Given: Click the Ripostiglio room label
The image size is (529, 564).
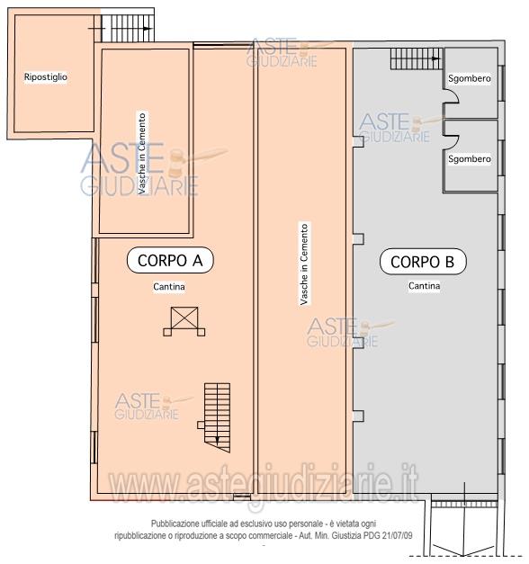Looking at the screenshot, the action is click(46, 77).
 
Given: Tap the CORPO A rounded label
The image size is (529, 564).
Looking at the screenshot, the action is click(170, 260).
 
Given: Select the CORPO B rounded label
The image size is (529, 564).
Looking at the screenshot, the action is click(423, 262).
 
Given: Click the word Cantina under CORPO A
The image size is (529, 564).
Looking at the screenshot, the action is click(169, 287).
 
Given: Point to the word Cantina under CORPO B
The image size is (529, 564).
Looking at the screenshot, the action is click(424, 286).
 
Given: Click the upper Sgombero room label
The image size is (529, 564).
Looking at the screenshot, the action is click(470, 78).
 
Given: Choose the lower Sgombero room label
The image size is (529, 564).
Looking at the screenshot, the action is click(470, 159).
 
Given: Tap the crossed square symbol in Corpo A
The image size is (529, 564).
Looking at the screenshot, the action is click(184, 321).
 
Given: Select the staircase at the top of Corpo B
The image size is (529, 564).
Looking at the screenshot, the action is click(417, 58).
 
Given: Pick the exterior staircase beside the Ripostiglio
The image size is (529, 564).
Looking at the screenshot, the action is click(128, 29).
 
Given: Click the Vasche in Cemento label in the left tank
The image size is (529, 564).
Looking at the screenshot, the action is click(142, 154).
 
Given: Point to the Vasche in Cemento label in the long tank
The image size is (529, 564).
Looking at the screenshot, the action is click(304, 264).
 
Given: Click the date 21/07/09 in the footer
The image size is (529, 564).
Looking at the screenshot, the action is click(397, 535).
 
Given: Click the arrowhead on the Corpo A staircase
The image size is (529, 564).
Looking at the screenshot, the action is click(217, 440).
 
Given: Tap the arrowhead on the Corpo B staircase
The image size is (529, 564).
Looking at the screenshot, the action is click(436, 58).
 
